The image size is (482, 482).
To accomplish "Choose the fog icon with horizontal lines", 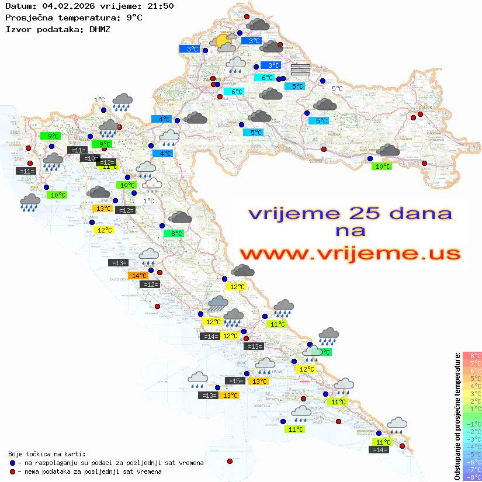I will (300, 70).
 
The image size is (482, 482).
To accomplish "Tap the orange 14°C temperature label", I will (138, 276).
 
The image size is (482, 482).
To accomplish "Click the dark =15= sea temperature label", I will (235, 381).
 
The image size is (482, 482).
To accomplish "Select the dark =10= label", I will (90, 158).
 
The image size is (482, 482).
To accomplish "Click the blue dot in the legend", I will (13, 463).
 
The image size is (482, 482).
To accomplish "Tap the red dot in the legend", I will (13, 471).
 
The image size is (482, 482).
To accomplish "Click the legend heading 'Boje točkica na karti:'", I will (47, 454).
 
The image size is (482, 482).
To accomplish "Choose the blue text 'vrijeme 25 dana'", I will (349, 213).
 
